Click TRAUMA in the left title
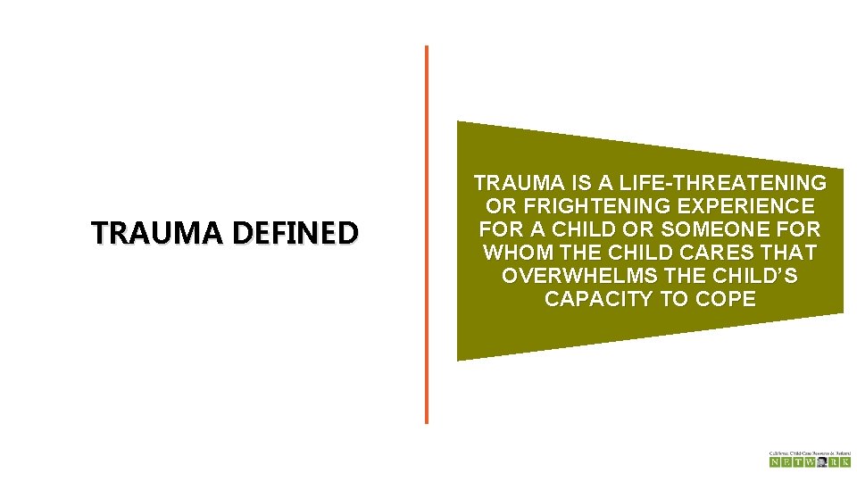[x=159, y=233]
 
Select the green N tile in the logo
[x=775, y=462]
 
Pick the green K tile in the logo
[x=845, y=462]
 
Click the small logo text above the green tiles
[x=810, y=453]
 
